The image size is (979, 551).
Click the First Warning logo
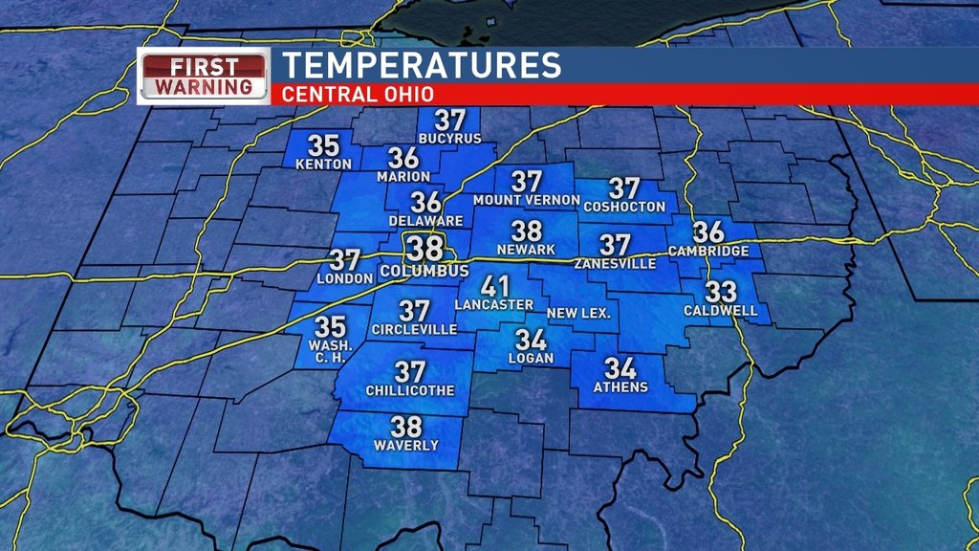[x=205, y=76]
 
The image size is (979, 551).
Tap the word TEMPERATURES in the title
[x=421, y=66]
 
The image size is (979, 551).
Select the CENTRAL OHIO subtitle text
[x=358, y=95]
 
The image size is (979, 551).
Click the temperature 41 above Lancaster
[x=494, y=287]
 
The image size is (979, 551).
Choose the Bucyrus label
[x=448, y=139]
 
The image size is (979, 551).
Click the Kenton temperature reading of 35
[x=324, y=146]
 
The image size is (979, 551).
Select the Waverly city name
[x=406, y=446]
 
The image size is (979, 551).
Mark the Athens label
[x=620, y=387]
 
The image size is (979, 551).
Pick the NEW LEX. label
[x=578, y=314]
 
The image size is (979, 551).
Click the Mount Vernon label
[x=527, y=200]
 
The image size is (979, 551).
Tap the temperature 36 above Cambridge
[x=708, y=232]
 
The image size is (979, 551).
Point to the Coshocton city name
[x=624, y=207]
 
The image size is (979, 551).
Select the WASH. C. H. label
[x=331, y=351]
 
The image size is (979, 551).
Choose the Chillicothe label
[x=410, y=390]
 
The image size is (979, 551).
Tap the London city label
[x=344, y=278]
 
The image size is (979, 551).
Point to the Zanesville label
[x=615, y=263]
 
